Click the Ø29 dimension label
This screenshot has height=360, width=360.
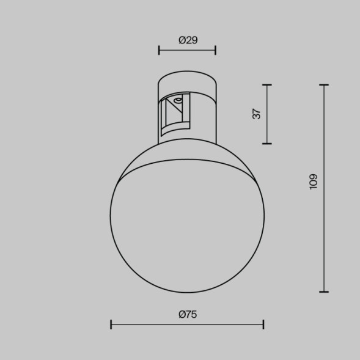coord(188,40)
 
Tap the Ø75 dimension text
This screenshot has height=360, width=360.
coord(187,314)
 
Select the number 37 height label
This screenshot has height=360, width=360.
coord(257,113)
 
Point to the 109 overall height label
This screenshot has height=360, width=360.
coord(314,182)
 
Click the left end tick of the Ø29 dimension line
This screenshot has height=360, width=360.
coord(159,50)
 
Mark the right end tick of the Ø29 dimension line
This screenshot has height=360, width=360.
coord(215,50)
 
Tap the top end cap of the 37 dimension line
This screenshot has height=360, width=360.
coord(266,84)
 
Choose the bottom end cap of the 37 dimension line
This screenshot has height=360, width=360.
coord(266,143)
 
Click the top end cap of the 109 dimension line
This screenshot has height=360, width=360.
coord(324,85)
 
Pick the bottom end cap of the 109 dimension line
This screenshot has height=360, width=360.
coord(324,292)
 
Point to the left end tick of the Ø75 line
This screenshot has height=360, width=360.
coord(111,324)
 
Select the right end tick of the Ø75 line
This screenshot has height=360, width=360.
coord(263,324)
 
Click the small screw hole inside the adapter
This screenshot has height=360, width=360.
coord(177,98)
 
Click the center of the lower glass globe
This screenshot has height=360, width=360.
coord(187,226)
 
